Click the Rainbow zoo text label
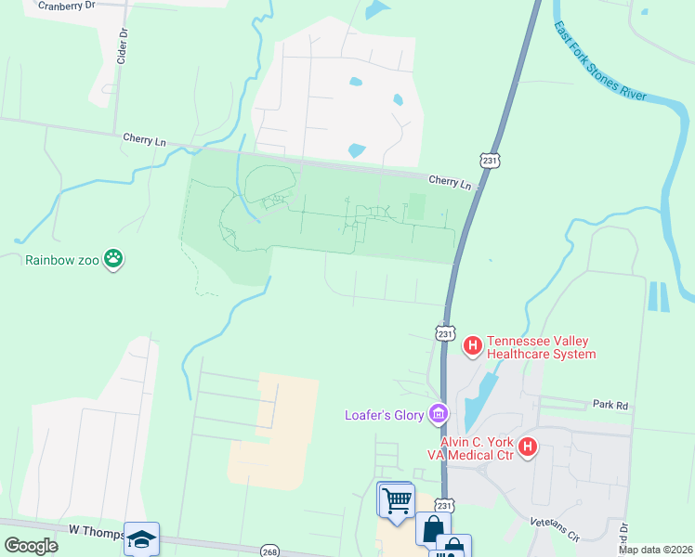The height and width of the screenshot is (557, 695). tap(61, 259)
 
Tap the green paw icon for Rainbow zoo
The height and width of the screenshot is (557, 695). tap(114, 258)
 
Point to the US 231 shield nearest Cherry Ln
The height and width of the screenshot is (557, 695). tap(491, 160)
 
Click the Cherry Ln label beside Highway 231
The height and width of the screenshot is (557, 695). tap(451, 182)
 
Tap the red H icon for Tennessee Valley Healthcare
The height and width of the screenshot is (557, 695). tap(473, 346)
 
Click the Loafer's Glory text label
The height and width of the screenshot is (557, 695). tap(384, 414)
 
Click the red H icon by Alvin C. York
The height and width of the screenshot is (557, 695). tap(528, 447)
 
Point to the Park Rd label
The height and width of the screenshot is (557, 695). tap(610, 405)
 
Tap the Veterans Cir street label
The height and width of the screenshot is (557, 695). tap(556, 530)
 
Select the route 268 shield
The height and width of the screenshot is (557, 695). tap(269, 550)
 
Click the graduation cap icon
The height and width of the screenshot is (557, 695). tap(141, 539)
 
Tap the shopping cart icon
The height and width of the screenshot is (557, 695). tap(397, 501)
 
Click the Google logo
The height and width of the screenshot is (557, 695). tap(32, 546)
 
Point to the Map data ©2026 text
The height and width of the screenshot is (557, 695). tap(655, 550)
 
